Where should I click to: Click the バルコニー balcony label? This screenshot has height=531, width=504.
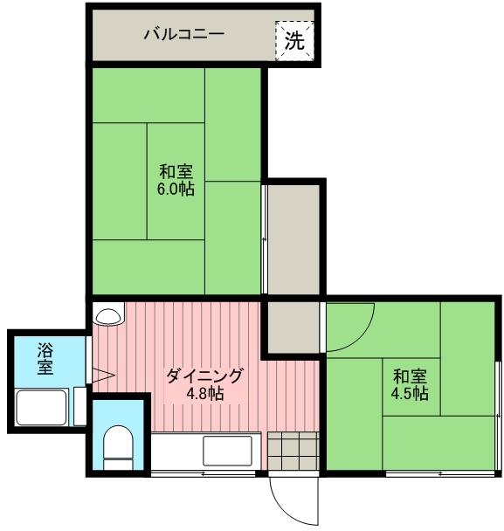click(184, 34)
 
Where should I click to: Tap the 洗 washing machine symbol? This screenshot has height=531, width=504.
click(294, 41)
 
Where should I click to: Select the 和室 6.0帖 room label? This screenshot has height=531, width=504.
click(176, 180)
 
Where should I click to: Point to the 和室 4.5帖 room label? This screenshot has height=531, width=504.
click(410, 384)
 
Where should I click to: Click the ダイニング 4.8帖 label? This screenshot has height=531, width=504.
click(204, 384)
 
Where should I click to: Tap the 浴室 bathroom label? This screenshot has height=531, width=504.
click(45, 359)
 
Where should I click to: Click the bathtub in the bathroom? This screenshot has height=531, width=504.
click(41, 407)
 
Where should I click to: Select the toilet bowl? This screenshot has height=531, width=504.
click(118, 447)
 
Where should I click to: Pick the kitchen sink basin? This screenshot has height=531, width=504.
click(228, 451)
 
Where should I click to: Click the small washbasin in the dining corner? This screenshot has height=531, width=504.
click(108, 315)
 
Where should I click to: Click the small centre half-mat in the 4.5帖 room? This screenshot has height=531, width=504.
click(411, 387)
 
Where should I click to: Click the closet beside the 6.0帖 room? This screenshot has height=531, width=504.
click(293, 239)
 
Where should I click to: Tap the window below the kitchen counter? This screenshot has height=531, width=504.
click(204, 473)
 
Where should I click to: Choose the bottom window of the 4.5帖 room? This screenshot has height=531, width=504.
click(439, 474)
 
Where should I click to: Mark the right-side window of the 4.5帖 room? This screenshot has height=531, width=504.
click(498, 416)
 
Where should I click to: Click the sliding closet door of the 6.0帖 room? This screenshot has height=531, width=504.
click(264, 239)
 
